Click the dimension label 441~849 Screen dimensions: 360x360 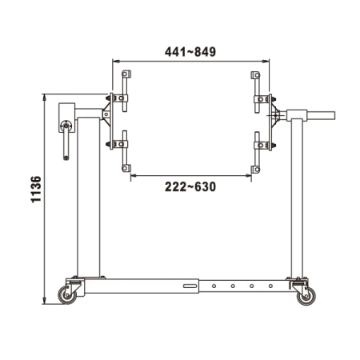pos(190,52)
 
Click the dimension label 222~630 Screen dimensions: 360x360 pos(190,186)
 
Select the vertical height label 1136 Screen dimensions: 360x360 pos(36,190)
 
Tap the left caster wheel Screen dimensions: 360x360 pos(67,295)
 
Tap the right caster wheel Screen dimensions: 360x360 pos(306,296)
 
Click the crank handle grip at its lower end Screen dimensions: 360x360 pos(66,158)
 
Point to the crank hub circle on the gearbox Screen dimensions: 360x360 pos(66,126)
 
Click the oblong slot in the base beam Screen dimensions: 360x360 pos(190,286)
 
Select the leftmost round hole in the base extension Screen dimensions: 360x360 pos(214,286)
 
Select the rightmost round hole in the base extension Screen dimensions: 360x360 pos(270,286)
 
